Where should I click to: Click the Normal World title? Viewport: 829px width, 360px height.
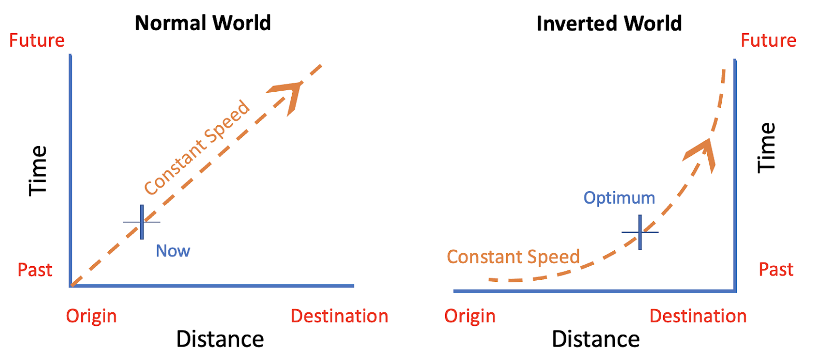pyautogui.click(x=203, y=23)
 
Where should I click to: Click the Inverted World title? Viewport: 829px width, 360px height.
pyautogui.click(x=609, y=24)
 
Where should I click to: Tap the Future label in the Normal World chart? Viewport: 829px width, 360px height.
pyautogui.click(x=37, y=40)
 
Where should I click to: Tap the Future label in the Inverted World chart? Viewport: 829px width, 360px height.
pyautogui.click(x=768, y=40)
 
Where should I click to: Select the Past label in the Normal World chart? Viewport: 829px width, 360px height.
pyautogui.click(x=35, y=270)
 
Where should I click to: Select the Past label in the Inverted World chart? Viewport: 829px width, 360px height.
pyautogui.click(x=776, y=269)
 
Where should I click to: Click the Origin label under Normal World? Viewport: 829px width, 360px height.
pyautogui.click(x=91, y=316)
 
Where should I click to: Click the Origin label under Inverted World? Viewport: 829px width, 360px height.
pyautogui.click(x=469, y=316)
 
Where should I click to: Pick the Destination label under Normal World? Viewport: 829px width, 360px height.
pyautogui.click(x=339, y=316)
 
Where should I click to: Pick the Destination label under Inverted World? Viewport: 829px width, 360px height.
pyautogui.click(x=698, y=316)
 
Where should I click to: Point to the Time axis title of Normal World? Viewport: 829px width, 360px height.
pyautogui.click(x=38, y=170)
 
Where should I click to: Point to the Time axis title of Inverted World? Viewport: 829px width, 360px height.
pyautogui.click(x=766, y=148)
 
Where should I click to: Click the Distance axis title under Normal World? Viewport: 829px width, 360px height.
pyautogui.click(x=220, y=339)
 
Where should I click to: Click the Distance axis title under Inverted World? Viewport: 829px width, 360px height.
pyautogui.click(x=595, y=339)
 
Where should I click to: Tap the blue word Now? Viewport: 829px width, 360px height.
pyautogui.click(x=173, y=251)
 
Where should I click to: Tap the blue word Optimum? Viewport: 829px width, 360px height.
pyautogui.click(x=619, y=198)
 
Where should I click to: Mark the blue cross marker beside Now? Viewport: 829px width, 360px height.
pyautogui.click(x=141, y=222)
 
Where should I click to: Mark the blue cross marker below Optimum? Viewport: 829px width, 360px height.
pyautogui.click(x=640, y=232)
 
